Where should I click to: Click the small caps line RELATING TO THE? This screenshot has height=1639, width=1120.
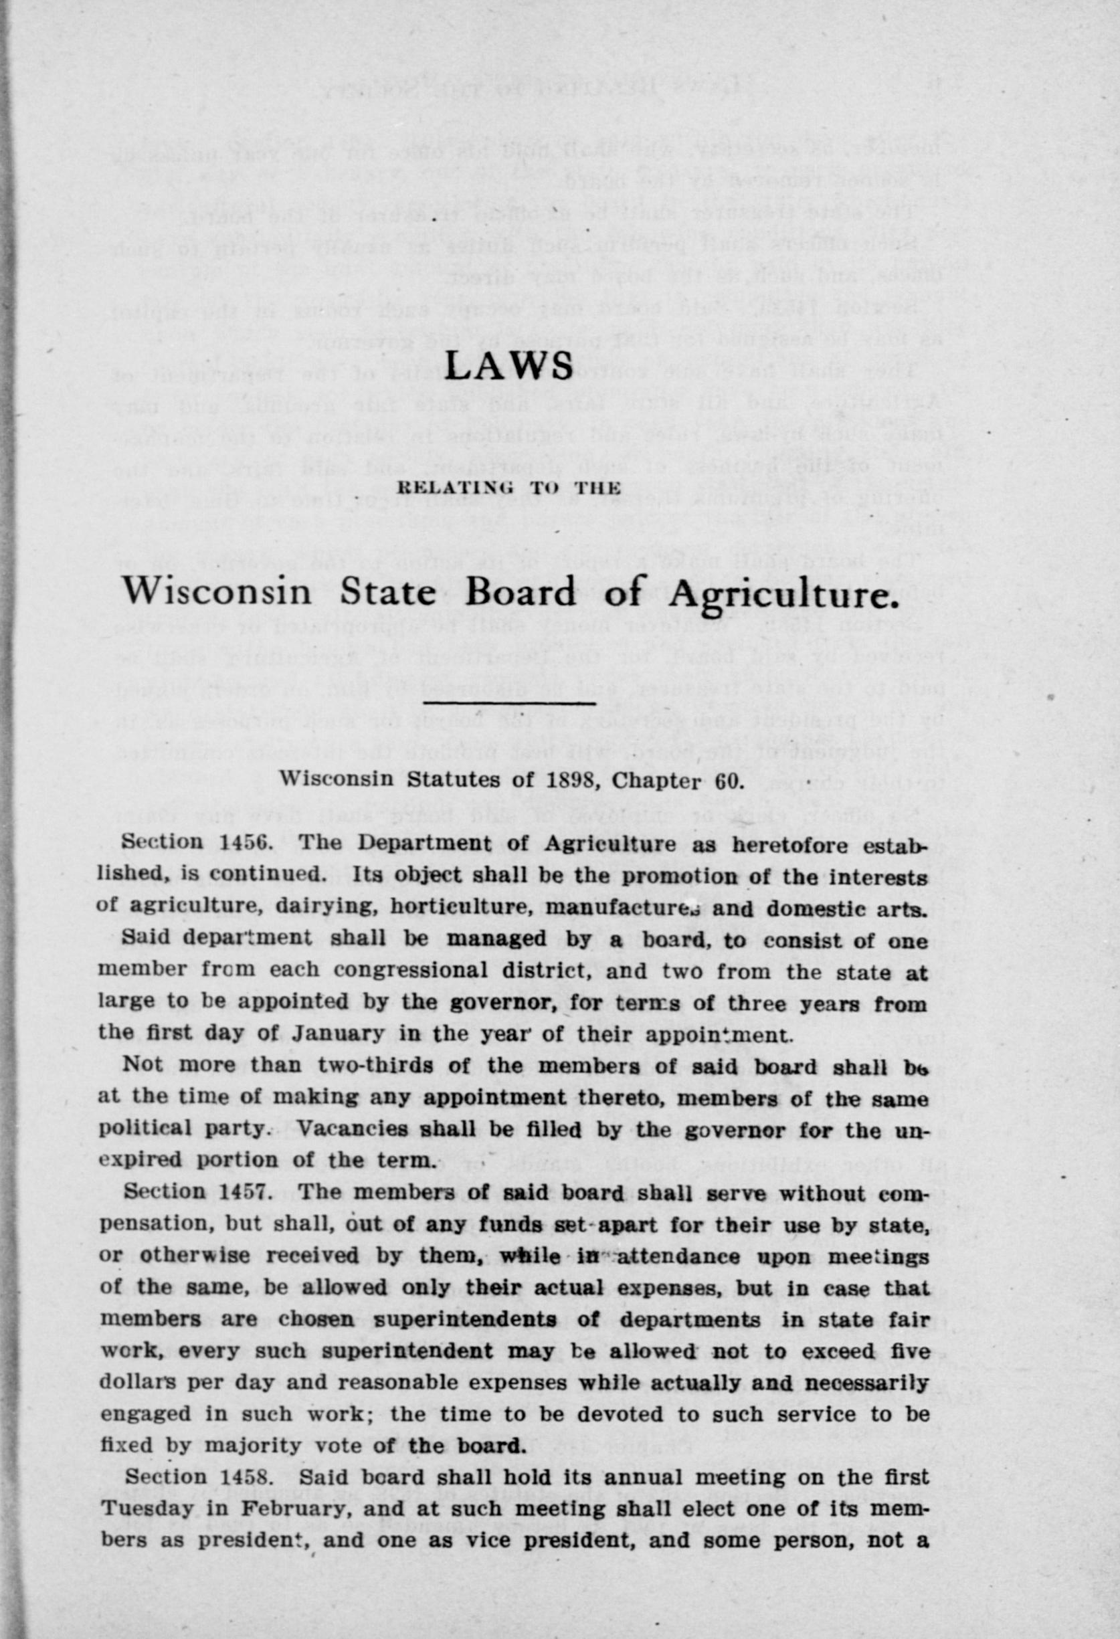[509, 487]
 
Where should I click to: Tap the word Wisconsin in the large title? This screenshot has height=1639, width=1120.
[217, 591]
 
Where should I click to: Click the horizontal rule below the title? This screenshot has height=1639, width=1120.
[510, 702]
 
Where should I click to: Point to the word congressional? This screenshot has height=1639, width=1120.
[411, 970]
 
